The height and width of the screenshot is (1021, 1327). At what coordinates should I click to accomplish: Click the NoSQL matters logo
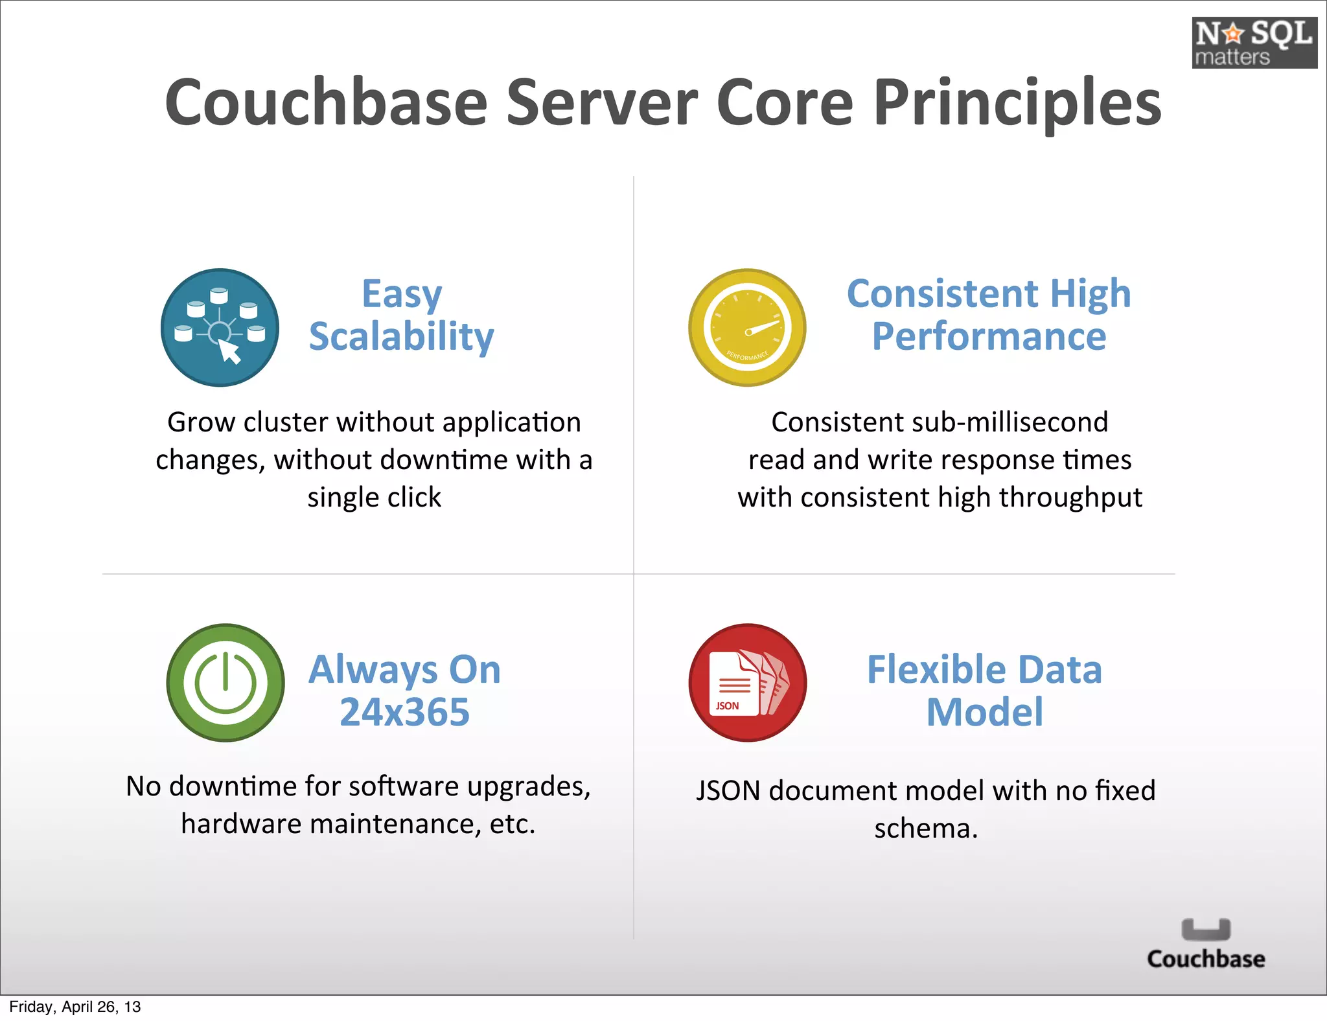[1254, 43]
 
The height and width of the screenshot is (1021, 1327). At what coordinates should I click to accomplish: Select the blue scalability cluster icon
[220, 328]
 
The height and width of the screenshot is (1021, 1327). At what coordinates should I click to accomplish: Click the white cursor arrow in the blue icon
[229, 352]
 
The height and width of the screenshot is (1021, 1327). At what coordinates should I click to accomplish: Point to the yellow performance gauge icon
[747, 328]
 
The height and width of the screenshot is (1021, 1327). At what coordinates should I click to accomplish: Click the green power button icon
[225, 682]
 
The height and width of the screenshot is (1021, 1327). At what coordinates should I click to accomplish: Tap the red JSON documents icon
[748, 682]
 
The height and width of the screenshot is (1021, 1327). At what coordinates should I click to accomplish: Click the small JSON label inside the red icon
[727, 706]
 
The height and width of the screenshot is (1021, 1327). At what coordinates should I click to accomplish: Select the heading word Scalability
[401, 337]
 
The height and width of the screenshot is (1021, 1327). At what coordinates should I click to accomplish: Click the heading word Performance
[989, 337]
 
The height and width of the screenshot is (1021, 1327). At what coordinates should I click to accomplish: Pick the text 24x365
[404, 712]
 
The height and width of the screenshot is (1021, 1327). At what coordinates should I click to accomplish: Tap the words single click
[374, 498]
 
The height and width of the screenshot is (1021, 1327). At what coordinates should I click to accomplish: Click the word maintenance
[395, 824]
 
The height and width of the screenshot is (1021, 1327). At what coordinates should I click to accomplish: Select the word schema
[924, 829]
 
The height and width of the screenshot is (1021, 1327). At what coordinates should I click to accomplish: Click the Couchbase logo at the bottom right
[1205, 945]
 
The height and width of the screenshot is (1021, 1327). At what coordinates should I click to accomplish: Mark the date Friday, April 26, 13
[75, 1007]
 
